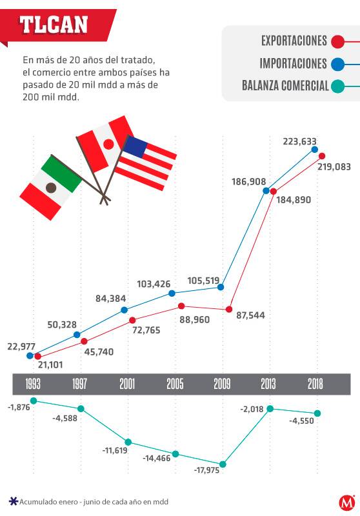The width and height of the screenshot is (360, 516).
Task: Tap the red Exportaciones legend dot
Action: pyautogui.click(x=336, y=42)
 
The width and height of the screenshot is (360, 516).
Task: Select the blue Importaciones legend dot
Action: pyautogui.click(x=337, y=64)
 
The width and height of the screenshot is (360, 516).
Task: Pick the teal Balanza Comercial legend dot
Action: pyautogui.click(x=337, y=86)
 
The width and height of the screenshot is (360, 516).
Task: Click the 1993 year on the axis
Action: pyautogui.click(x=33, y=384)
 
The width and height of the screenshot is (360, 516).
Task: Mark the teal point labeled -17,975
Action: pyautogui.click(x=223, y=464)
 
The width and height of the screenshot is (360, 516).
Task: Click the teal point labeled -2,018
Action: pyautogui.click(x=270, y=408)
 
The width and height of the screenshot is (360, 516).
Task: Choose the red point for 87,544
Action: pyautogui.click(x=228, y=310)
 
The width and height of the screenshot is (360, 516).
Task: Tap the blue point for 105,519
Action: pyautogui.click(x=221, y=287)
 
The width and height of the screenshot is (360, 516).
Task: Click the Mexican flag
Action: pyautogui.click(x=51, y=187)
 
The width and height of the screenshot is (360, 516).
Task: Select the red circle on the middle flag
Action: pyautogui.click(x=108, y=144)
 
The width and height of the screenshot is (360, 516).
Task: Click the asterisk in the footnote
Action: pyautogui.click(x=13, y=501)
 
